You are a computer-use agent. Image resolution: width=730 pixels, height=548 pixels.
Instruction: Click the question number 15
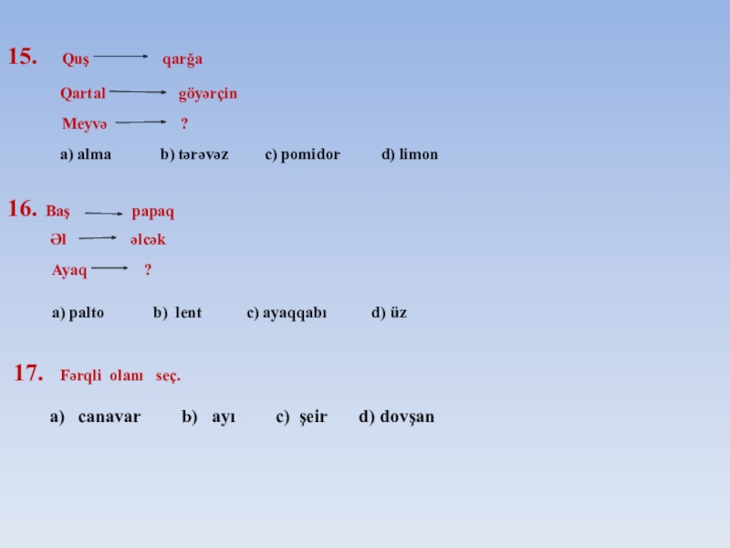[23, 58]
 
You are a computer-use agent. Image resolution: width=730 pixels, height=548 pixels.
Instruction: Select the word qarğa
[182, 60]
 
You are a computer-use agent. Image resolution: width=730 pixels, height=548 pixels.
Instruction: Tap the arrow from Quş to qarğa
[120, 57]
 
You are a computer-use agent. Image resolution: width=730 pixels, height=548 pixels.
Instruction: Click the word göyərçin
[207, 93]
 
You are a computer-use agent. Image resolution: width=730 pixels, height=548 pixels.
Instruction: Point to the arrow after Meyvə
[141, 121]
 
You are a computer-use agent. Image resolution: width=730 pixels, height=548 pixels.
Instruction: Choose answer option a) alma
[86, 155]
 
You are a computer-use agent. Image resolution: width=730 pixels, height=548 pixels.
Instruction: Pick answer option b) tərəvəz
[194, 155]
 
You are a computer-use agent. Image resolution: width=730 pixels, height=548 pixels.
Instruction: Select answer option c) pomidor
[302, 155]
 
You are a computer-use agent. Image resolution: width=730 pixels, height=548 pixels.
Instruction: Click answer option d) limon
[410, 155]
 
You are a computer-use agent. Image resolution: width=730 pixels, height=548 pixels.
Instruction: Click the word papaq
[152, 212]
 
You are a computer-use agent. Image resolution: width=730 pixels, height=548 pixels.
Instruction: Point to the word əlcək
[147, 240]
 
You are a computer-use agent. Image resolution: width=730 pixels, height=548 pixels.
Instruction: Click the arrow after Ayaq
[110, 269]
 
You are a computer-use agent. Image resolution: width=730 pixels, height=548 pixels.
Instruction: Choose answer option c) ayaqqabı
[287, 313]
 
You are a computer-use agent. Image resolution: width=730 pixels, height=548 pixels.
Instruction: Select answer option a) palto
[78, 313]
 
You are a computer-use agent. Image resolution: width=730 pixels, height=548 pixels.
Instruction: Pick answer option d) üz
[390, 313]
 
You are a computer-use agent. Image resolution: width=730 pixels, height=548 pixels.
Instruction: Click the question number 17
[29, 373]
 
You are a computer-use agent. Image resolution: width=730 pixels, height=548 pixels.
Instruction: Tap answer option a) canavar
[96, 417]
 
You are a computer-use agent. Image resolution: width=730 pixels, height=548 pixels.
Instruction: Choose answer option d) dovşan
[397, 417]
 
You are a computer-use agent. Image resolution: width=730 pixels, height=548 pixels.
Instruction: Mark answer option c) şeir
[301, 417]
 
